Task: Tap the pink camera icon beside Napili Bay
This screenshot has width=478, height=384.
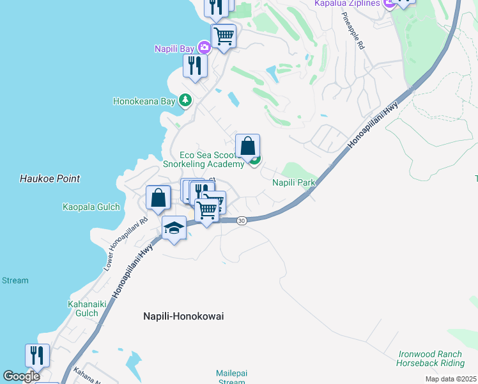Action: click(x=204, y=47)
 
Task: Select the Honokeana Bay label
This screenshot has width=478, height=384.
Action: click(x=144, y=101)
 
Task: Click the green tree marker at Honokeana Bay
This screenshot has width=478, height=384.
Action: click(x=185, y=100)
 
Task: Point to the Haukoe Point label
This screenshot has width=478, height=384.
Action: click(x=50, y=179)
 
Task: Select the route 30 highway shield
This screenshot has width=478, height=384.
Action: click(x=241, y=221)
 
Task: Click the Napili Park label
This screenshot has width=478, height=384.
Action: click(x=294, y=183)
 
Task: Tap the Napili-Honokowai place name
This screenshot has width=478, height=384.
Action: click(x=182, y=316)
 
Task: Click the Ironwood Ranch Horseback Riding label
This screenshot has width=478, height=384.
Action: click(x=431, y=358)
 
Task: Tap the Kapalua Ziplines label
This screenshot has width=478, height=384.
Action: click(x=346, y=4)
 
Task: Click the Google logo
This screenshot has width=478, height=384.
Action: click(x=22, y=376)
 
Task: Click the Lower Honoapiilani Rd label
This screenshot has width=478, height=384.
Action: click(x=126, y=244)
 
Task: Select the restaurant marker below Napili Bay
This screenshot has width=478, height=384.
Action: click(x=195, y=65)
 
